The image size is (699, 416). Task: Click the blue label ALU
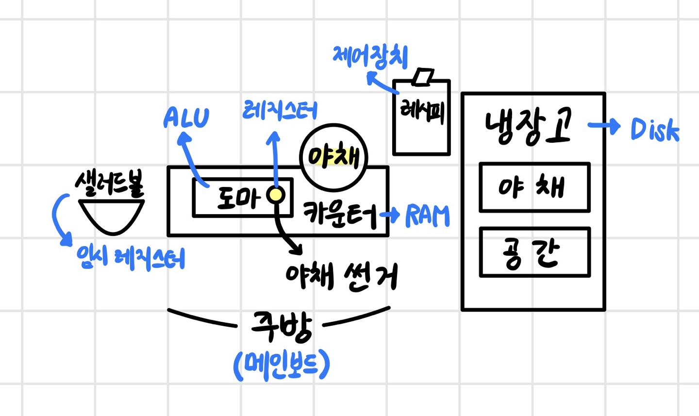pos(186,118)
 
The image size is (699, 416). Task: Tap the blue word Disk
pos(654,130)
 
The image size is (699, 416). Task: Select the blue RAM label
pos(427,216)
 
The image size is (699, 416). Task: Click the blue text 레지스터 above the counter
pos(280,111)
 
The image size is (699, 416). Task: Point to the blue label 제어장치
pos(370,57)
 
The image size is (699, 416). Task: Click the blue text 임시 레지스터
pos(131,257)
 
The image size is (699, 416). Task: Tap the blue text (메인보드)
pos(282,365)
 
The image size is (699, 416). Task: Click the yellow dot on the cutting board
pos(276,195)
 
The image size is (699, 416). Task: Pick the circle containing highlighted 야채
pos(333,157)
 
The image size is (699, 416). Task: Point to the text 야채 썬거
pos(342,276)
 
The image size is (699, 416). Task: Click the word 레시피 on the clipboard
pos(421,111)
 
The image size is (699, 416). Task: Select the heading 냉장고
pos(528,126)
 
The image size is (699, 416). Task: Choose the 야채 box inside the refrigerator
pos(534,187)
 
